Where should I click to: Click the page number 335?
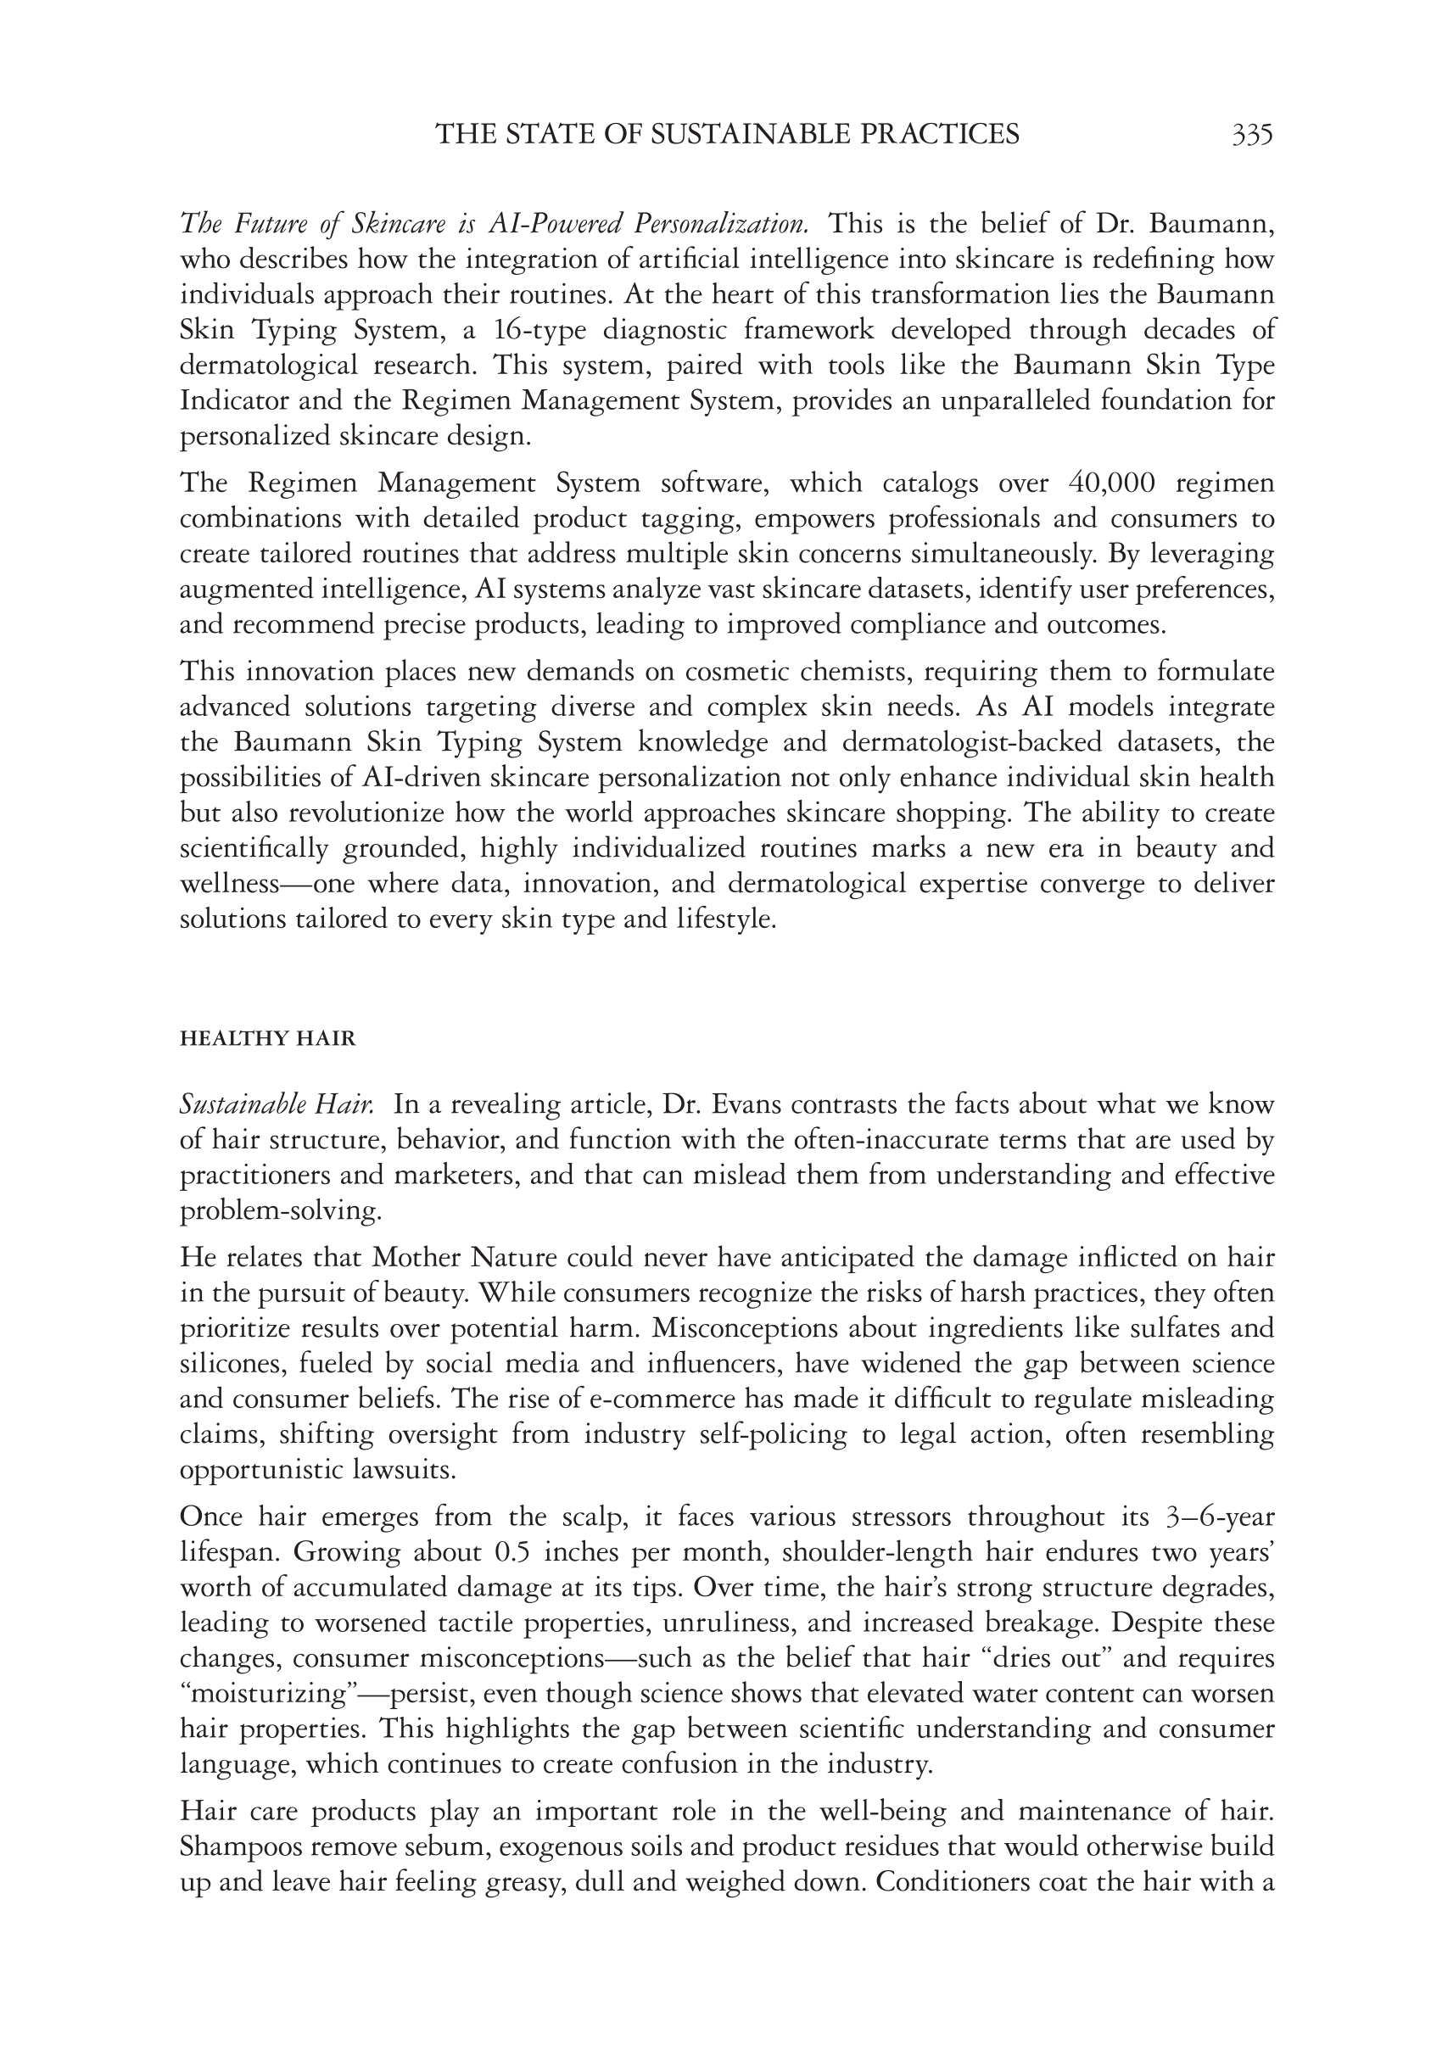(x=1252, y=135)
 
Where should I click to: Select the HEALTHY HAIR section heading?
(x=268, y=1039)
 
